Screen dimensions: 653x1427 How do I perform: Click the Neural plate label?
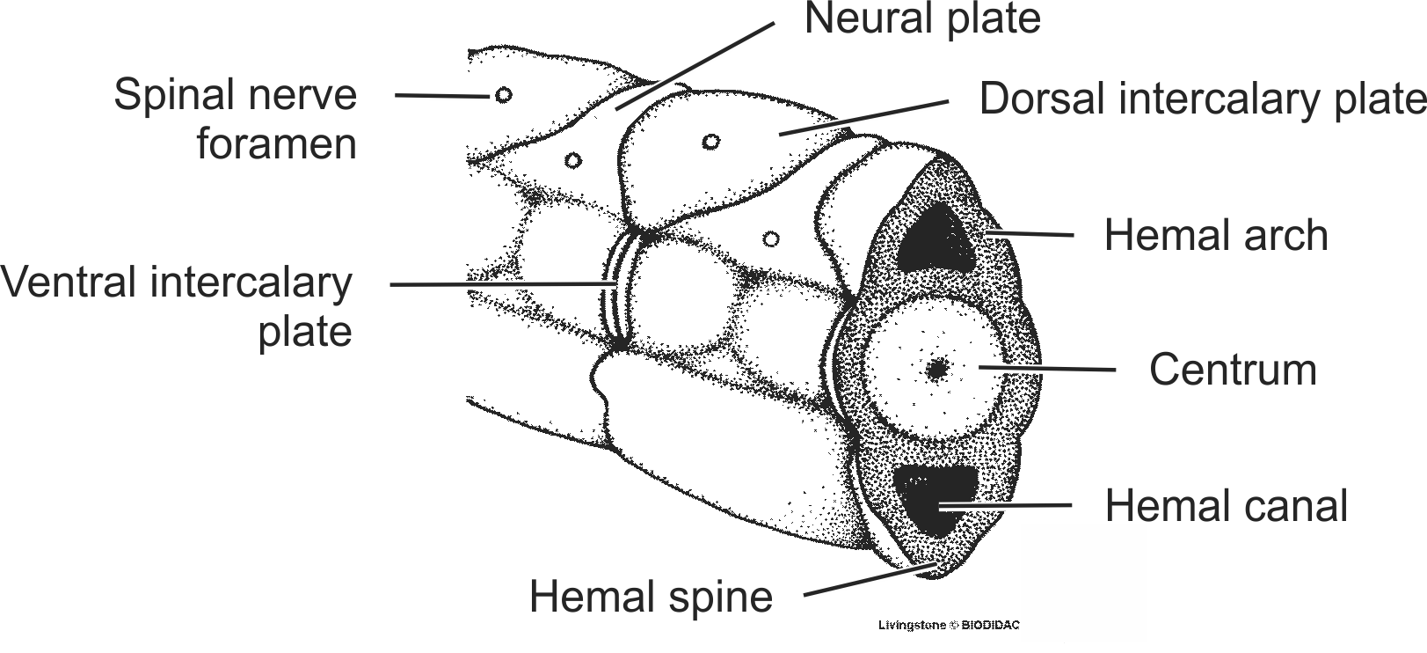click(x=922, y=18)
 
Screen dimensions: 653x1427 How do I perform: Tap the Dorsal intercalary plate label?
click(x=1202, y=99)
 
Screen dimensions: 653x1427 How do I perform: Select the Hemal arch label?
click(x=1216, y=236)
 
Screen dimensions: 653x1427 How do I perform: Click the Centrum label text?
click(x=1233, y=370)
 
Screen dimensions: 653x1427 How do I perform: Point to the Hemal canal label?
click(x=1226, y=506)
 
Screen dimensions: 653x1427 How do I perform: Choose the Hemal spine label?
click(x=651, y=597)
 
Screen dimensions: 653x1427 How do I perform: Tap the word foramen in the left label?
click(x=276, y=143)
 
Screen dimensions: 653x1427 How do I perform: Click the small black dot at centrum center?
click(x=937, y=371)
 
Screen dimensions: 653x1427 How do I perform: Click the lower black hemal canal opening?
click(x=935, y=499)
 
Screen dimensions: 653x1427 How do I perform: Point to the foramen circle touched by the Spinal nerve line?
click(x=503, y=95)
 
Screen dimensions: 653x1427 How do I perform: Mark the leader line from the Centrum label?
click(x=1046, y=368)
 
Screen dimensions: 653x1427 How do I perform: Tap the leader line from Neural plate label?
click(x=695, y=66)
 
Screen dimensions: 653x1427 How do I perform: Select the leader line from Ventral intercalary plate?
click(x=501, y=284)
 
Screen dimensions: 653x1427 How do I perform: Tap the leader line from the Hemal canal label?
click(x=1002, y=505)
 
